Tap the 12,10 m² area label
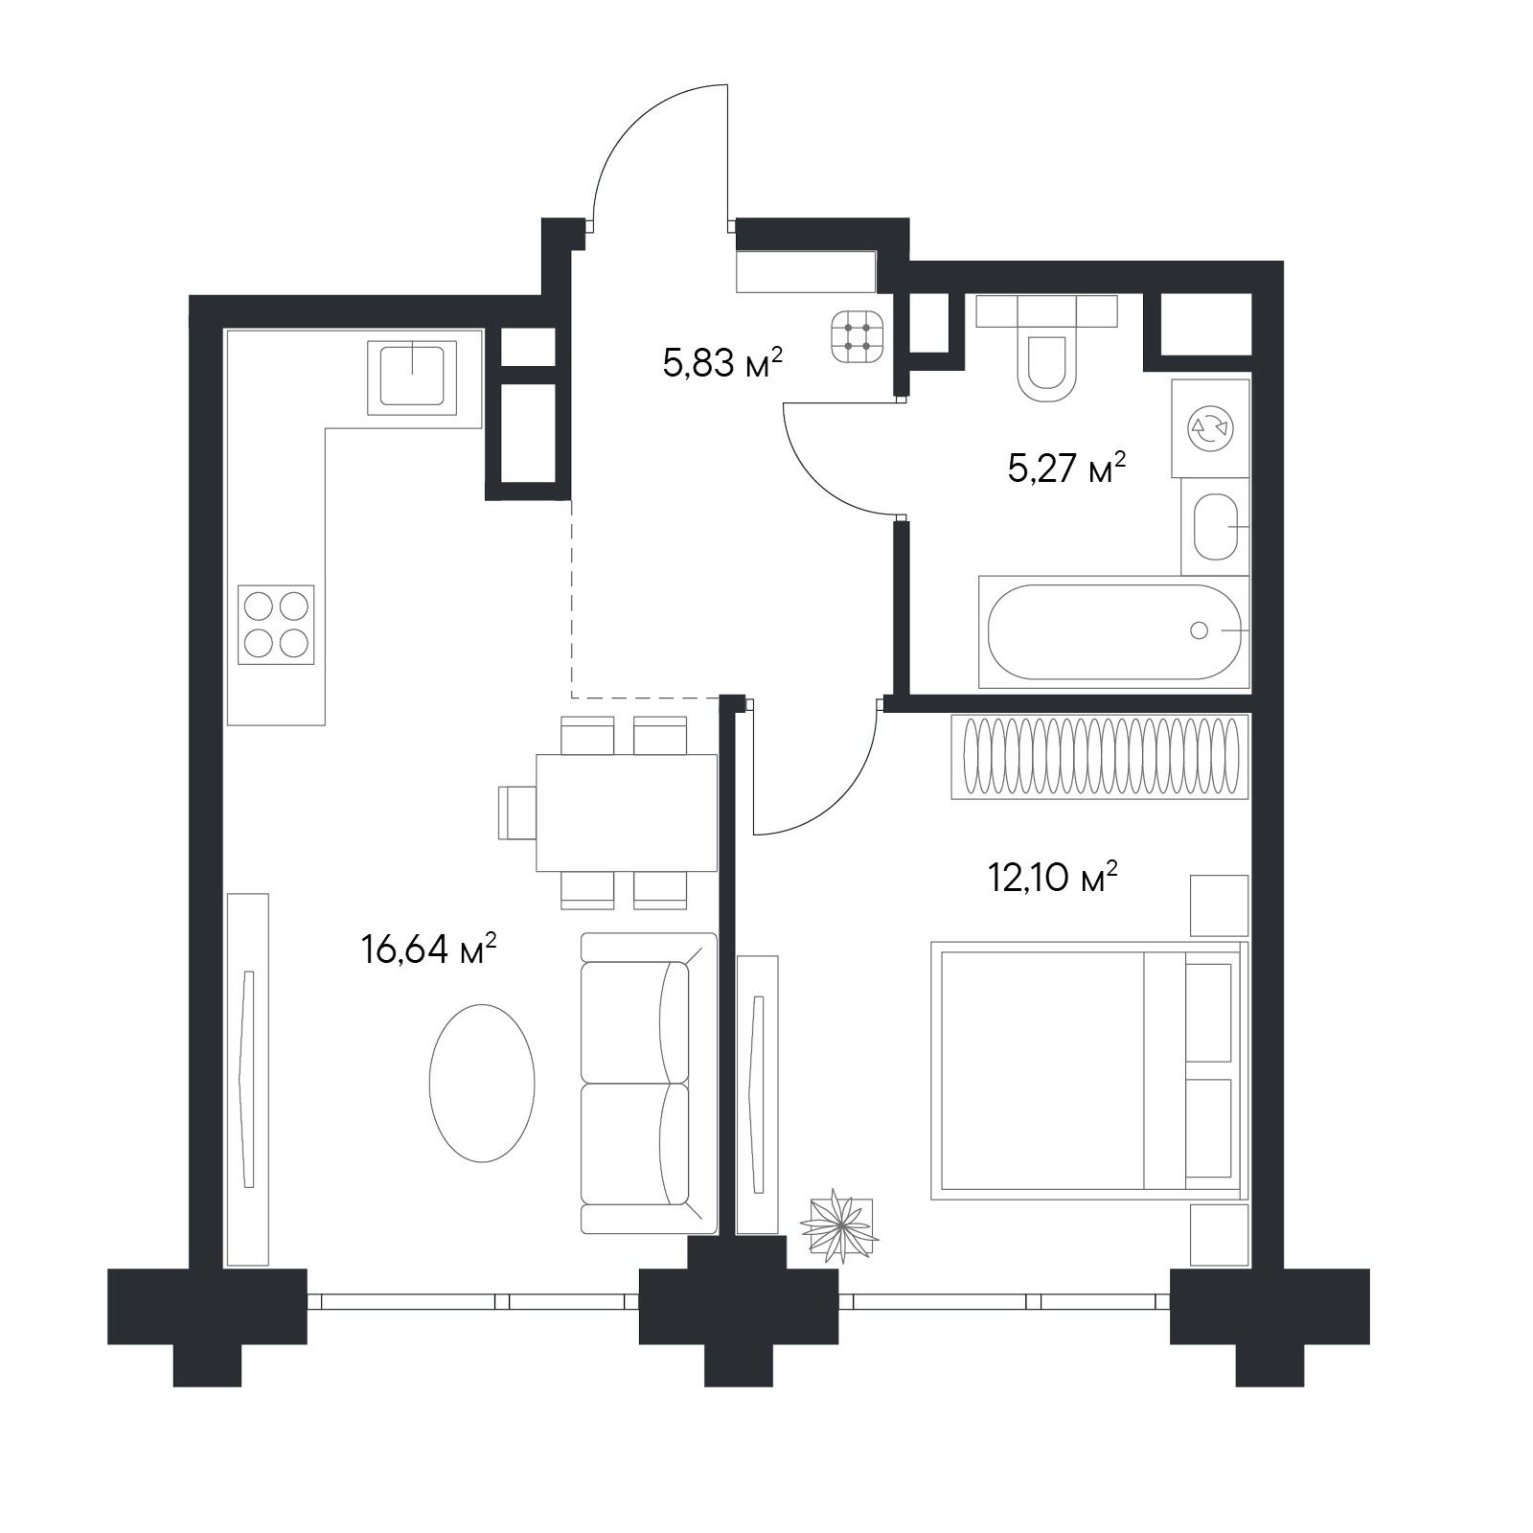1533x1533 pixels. point(1053,876)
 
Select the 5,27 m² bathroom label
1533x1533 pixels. point(1065,468)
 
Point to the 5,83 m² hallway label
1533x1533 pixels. point(722,362)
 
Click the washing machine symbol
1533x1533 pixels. point(1210,427)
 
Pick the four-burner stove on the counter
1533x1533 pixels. point(276,624)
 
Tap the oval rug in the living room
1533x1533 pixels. point(482,1083)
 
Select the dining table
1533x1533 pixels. point(627,812)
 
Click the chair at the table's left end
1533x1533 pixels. point(517,812)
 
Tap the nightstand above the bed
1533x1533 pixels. point(1220,905)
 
